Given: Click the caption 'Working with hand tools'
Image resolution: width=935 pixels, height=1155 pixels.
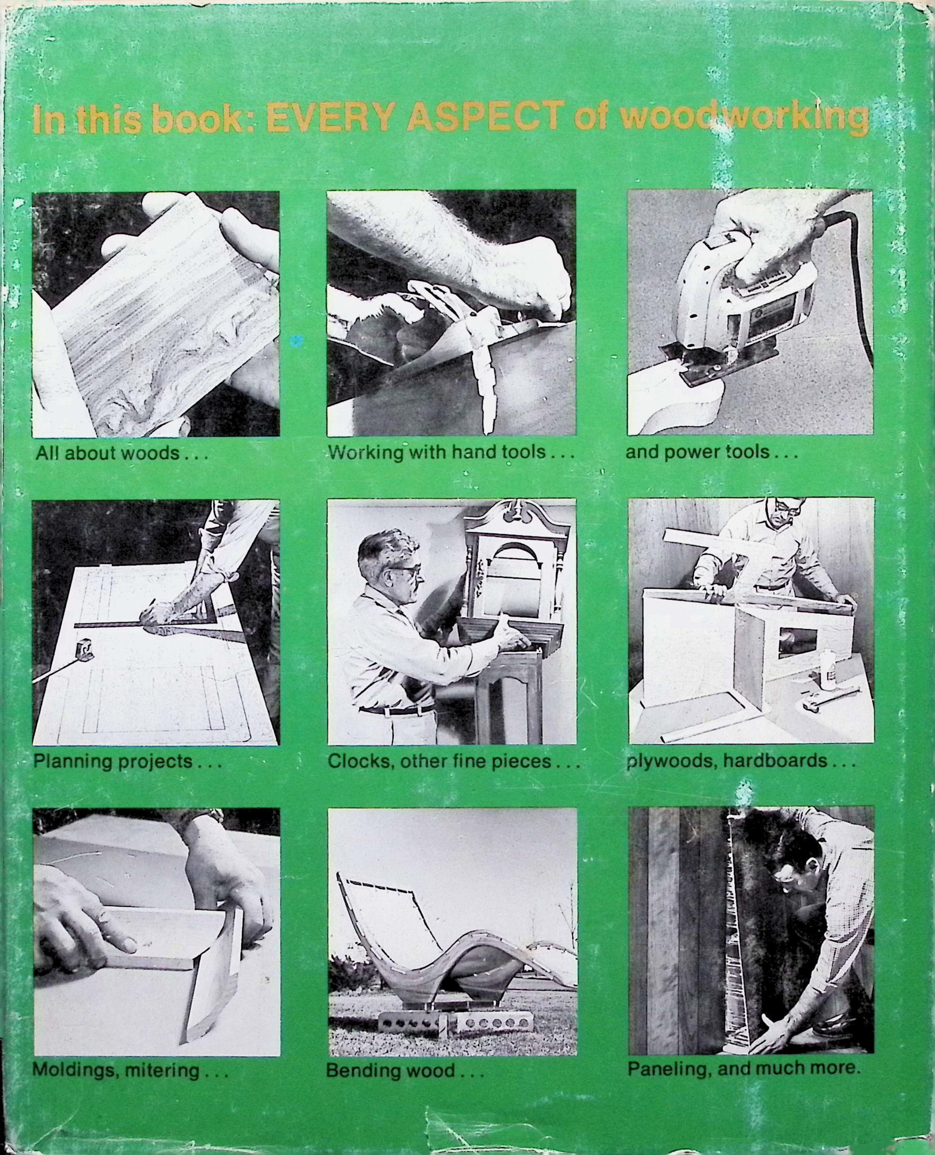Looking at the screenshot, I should click(451, 452).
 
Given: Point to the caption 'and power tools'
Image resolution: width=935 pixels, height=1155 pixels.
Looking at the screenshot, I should click(711, 452).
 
